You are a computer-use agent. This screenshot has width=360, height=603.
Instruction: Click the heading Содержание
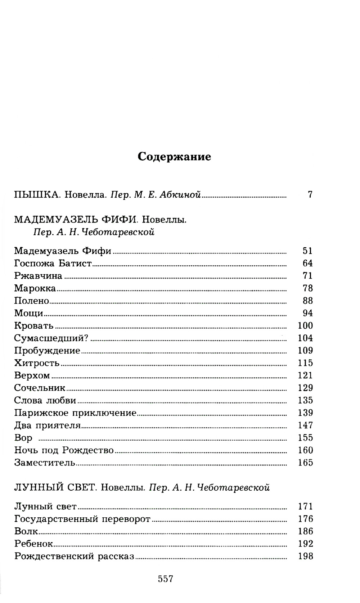175,157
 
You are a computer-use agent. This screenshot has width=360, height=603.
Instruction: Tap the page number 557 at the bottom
166,579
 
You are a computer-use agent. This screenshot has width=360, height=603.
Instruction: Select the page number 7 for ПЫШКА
310,195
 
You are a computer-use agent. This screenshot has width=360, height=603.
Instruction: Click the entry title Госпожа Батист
53,263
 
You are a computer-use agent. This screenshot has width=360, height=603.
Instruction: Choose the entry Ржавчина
38,276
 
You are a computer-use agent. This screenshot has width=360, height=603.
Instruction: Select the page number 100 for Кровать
306,325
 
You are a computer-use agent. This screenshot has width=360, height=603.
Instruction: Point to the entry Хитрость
37,363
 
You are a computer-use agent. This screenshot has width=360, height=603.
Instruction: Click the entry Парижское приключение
76,413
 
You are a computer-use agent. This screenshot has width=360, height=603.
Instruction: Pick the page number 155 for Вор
306,438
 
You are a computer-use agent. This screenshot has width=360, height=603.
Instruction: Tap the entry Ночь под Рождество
64,450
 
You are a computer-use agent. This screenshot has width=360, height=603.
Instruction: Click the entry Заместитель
45,463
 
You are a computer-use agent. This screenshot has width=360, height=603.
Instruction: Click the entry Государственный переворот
82,519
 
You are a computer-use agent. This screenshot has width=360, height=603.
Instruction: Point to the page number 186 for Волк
306,531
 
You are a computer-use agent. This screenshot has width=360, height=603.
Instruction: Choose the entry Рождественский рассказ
74,556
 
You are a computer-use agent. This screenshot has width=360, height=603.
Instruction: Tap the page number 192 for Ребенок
306,544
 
